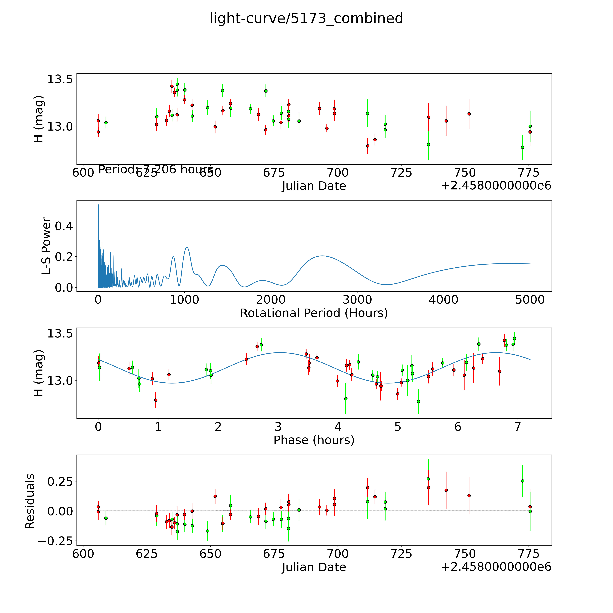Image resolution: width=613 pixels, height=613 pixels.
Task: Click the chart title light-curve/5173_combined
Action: click(306, 18)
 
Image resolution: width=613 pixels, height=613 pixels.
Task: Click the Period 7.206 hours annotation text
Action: click(156, 170)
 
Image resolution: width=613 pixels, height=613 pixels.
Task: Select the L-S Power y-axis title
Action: click(46, 246)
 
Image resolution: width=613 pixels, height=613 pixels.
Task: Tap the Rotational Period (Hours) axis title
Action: click(314, 313)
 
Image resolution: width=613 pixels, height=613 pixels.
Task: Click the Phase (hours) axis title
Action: click(314, 440)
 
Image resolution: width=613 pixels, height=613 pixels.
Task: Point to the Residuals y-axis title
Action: click(30, 501)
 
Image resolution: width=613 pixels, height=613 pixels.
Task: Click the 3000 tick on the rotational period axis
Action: click(357, 300)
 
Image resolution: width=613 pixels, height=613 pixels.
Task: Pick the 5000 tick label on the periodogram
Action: click(530, 300)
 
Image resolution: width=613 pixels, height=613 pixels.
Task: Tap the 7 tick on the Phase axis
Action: click(518, 427)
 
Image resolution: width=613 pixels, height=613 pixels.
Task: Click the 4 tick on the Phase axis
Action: click(338, 427)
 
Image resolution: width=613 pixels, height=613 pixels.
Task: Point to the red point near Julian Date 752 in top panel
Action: click(469, 114)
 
